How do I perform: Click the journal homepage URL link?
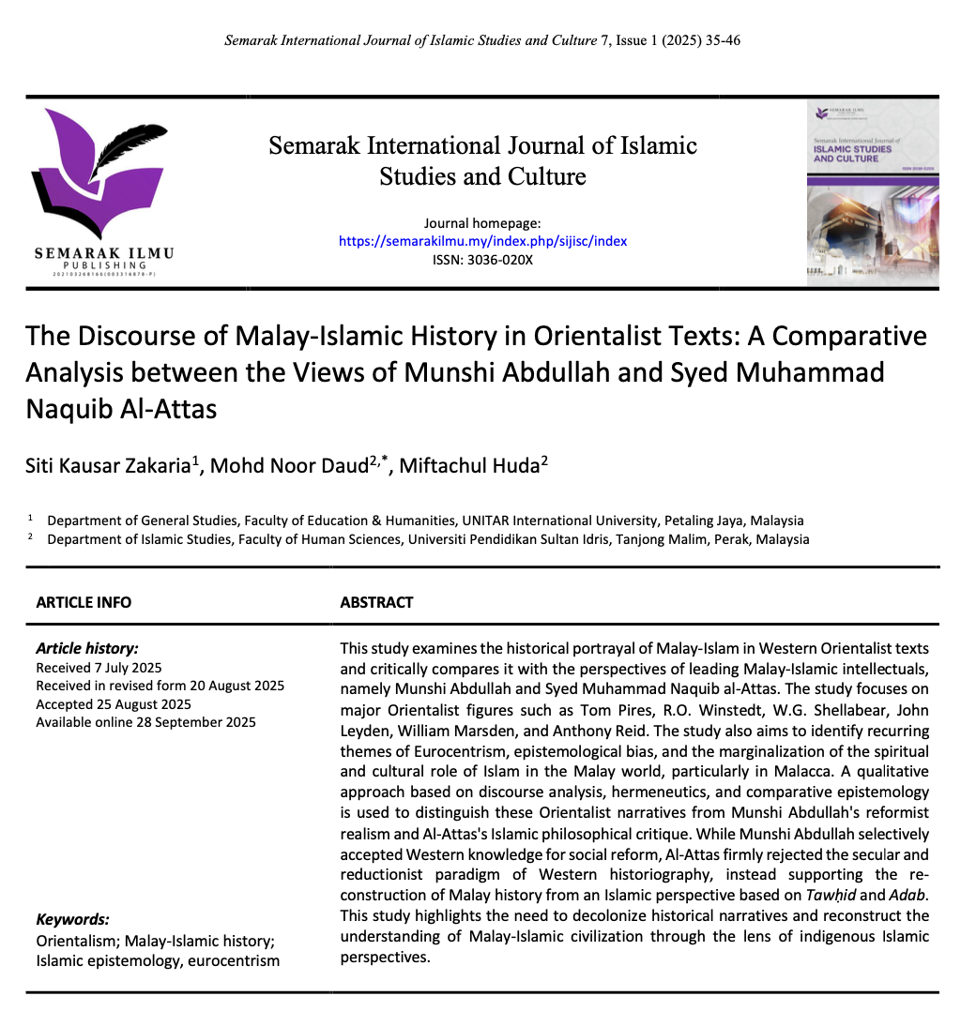[x=482, y=241]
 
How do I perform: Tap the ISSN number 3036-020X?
[x=503, y=260]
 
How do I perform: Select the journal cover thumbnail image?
[x=872, y=193]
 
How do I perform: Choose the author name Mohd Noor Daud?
[x=287, y=467]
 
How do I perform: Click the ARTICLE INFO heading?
[x=84, y=602]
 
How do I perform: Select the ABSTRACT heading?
[x=376, y=602]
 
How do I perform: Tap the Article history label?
[x=86, y=649]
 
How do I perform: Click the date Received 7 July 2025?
[x=99, y=668]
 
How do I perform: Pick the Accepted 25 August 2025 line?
[x=113, y=704]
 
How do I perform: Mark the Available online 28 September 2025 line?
[x=145, y=722]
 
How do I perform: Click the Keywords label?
[x=72, y=920]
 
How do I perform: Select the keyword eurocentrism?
[x=234, y=960]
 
